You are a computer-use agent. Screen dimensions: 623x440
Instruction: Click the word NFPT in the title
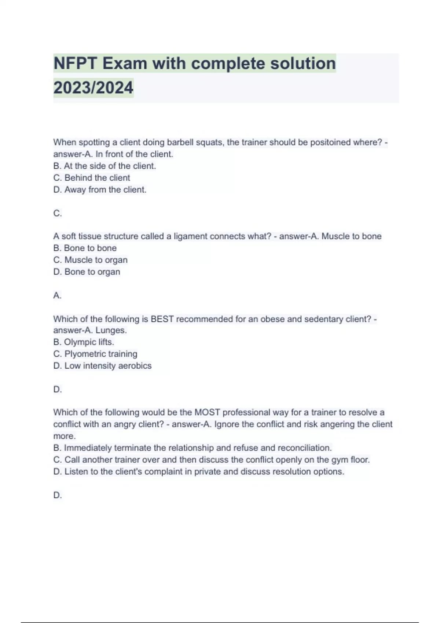pyautogui.click(x=75, y=63)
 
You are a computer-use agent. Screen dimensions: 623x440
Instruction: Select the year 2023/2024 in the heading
pyautogui.click(x=93, y=88)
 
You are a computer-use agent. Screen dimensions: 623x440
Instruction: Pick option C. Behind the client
pyautogui.click(x=92, y=178)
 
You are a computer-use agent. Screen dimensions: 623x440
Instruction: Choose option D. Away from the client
pyautogui.click(x=100, y=190)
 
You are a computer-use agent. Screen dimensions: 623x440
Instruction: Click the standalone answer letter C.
pyautogui.click(x=57, y=213)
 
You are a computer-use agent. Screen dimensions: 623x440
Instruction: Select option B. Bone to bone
pyautogui.click(x=85, y=248)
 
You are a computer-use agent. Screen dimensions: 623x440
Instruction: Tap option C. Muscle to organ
pyautogui.click(x=91, y=260)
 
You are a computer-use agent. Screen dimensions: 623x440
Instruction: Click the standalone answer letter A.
pyautogui.click(x=57, y=295)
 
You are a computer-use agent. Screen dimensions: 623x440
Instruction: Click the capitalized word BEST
pyautogui.click(x=162, y=319)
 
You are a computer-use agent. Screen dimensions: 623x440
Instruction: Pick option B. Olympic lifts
pyautogui.click(x=84, y=342)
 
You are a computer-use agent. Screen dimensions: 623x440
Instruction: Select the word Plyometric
pyautogui.click(x=85, y=354)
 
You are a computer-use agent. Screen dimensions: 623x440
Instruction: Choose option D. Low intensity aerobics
pyautogui.click(x=102, y=366)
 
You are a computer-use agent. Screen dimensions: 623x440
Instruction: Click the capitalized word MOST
pyautogui.click(x=207, y=412)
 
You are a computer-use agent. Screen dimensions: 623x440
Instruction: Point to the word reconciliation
pyautogui.click(x=304, y=448)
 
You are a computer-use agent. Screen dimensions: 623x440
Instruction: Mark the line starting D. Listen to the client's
pyautogui.click(x=199, y=472)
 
